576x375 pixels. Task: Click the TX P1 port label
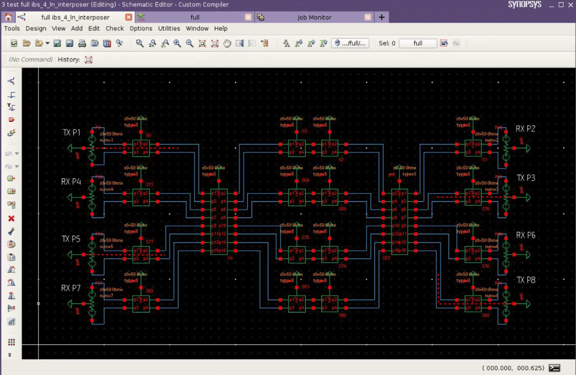pyautogui.click(x=71, y=133)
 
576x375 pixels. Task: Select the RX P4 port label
pyautogui.click(x=71, y=182)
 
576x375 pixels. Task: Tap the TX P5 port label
pyautogui.click(x=71, y=239)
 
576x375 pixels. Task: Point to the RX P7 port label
pyautogui.click(x=71, y=288)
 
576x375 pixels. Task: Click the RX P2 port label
pyautogui.click(x=526, y=129)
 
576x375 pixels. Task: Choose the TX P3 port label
pyautogui.click(x=526, y=178)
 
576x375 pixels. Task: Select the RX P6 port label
pyautogui.click(x=526, y=235)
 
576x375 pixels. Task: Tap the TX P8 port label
pyautogui.click(x=526, y=280)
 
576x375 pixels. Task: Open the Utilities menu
pyautogui.click(x=169, y=28)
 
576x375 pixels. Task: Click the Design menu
pyautogui.click(x=36, y=28)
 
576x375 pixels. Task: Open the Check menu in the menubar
pyautogui.click(x=114, y=28)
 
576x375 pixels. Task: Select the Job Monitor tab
pyautogui.click(x=314, y=17)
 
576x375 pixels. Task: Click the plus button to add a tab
pyautogui.click(x=382, y=17)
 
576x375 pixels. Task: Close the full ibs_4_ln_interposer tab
pyautogui.click(x=129, y=17)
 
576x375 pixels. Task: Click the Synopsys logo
pyautogui.click(x=524, y=5)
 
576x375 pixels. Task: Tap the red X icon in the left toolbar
pyautogui.click(x=12, y=218)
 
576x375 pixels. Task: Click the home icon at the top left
pyautogui.click(x=8, y=17)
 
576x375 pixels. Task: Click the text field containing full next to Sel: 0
pyautogui.click(x=418, y=43)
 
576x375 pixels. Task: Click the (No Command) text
pyautogui.click(x=31, y=59)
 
